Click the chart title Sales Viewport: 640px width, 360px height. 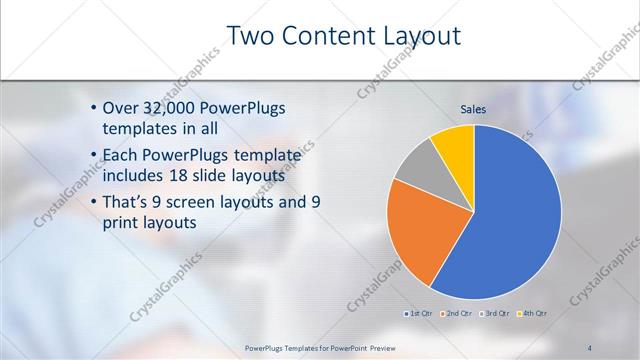pyautogui.click(x=473, y=109)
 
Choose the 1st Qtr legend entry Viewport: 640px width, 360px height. pyautogui.click(x=418, y=314)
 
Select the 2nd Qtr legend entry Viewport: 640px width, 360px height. pyautogui.click(x=458, y=314)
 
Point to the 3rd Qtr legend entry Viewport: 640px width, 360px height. pyautogui.click(x=495, y=314)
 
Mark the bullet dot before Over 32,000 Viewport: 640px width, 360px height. pyautogui.click(x=93, y=108)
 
